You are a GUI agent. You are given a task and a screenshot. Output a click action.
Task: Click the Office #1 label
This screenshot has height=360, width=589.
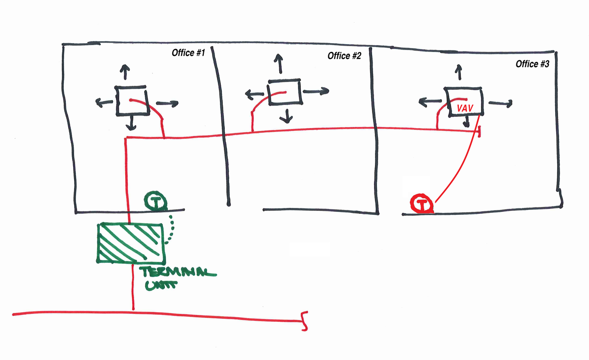tap(188, 53)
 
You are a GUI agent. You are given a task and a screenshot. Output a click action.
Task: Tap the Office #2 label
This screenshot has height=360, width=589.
tap(344, 56)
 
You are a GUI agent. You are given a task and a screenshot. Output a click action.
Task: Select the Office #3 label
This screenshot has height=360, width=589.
tap(532, 64)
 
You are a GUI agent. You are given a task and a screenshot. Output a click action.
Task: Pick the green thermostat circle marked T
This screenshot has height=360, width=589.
tap(156, 201)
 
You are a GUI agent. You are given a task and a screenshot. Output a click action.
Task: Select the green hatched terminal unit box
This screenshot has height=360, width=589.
tap(131, 242)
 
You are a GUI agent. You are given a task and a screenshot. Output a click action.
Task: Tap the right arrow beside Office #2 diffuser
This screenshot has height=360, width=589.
tap(316, 91)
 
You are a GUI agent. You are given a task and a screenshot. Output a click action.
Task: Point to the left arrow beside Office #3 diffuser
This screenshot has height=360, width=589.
tap(428, 103)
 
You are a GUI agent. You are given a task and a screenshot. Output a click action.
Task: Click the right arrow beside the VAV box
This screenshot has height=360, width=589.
tap(500, 103)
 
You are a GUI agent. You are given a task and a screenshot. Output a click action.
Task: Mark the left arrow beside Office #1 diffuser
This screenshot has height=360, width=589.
tap(103, 102)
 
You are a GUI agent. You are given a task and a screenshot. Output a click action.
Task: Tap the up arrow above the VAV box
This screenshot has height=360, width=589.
tap(458, 72)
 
